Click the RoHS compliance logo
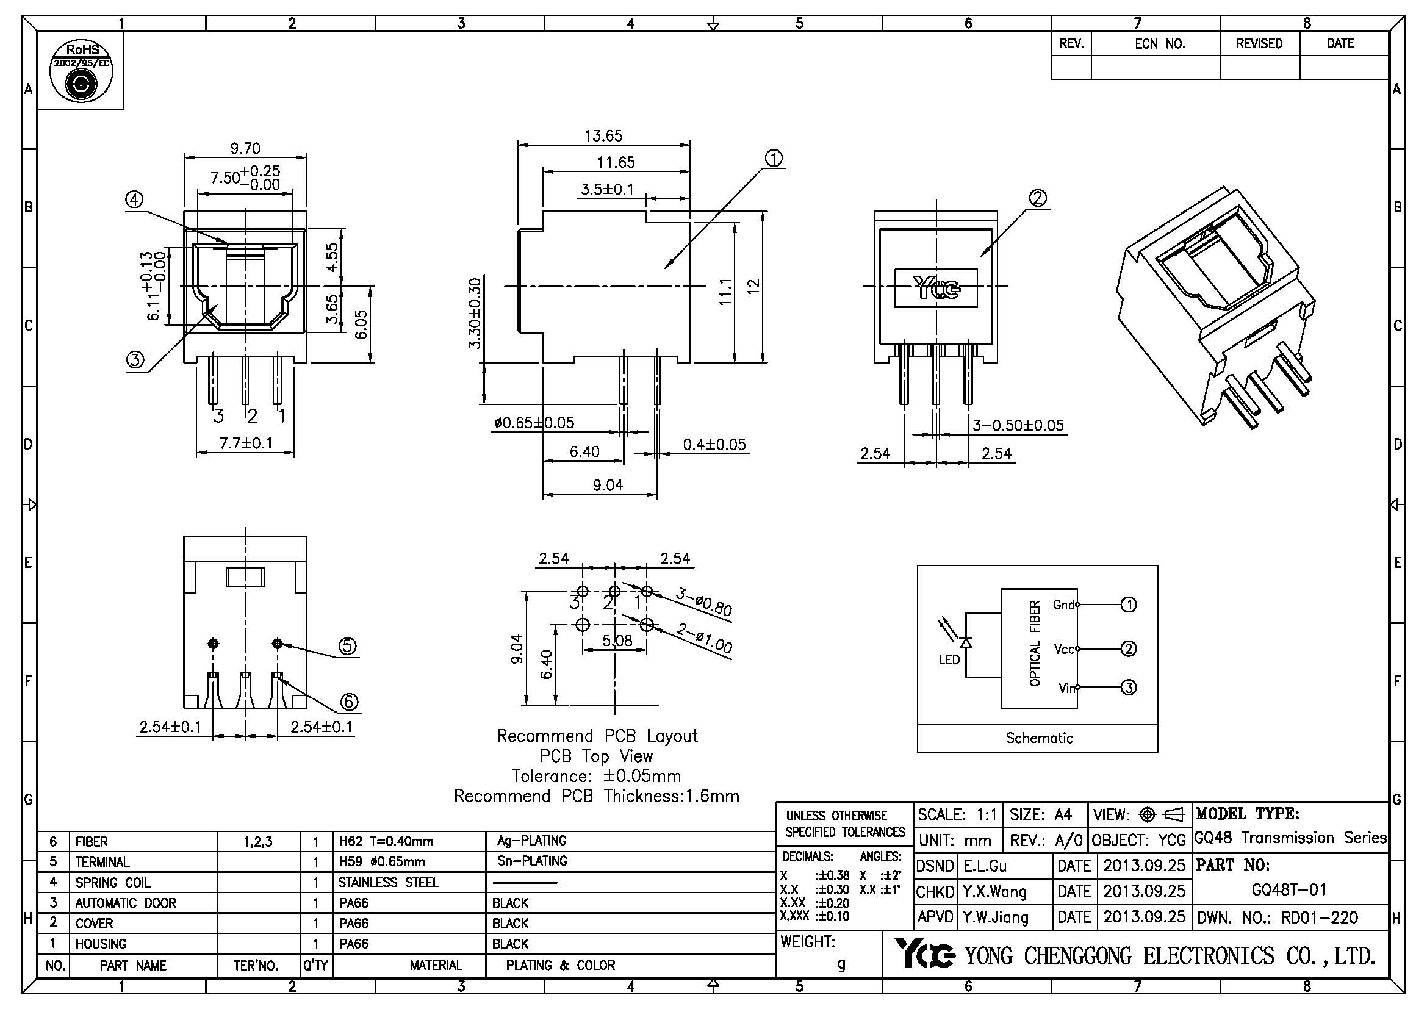81,71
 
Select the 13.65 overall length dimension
603,135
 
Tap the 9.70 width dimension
245,148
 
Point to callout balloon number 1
773,159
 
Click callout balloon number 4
134,199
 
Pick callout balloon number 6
350,702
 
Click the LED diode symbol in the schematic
966,642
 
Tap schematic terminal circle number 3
1129,687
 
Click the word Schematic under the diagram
1039,738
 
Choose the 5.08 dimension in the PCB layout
617,640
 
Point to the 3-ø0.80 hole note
703,602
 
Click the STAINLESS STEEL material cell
389,882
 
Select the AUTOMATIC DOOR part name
126,903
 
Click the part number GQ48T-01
1289,889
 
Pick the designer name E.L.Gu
985,866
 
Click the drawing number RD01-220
1320,917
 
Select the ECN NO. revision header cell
1160,43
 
